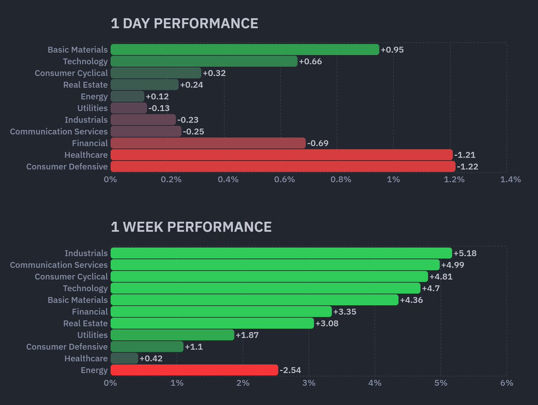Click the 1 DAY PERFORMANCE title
184,24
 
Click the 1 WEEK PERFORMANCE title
191,227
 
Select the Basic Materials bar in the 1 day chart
244,49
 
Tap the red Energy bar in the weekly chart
194,370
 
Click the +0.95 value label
392,49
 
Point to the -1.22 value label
467,167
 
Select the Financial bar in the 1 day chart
208,143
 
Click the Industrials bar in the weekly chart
281,253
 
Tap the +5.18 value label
465,253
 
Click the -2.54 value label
290,370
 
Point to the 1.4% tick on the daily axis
510,180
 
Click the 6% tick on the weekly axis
507,383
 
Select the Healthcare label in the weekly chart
86,358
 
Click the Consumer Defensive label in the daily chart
67,167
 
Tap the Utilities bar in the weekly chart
172,335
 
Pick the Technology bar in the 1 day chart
204,61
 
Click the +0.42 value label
151,358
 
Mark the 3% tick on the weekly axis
308,383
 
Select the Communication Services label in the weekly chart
59,265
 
